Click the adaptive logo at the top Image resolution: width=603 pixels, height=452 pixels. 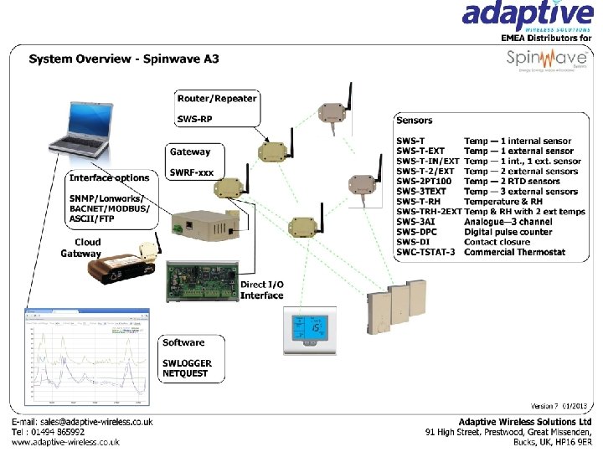tap(528, 17)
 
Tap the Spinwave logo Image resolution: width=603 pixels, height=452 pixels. tap(544, 60)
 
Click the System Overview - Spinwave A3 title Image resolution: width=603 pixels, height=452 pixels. tap(124, 59)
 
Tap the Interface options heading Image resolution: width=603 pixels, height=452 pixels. tap(110, 177)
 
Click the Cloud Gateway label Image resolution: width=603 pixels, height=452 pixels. tap(80, 248)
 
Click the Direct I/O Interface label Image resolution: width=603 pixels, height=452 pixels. tap(262, 290)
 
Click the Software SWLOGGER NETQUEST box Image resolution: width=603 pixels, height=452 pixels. tap(192, 358)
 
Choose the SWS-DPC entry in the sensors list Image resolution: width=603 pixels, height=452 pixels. tap(416, 232)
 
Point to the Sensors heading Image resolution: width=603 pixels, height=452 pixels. tap(415, 121)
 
